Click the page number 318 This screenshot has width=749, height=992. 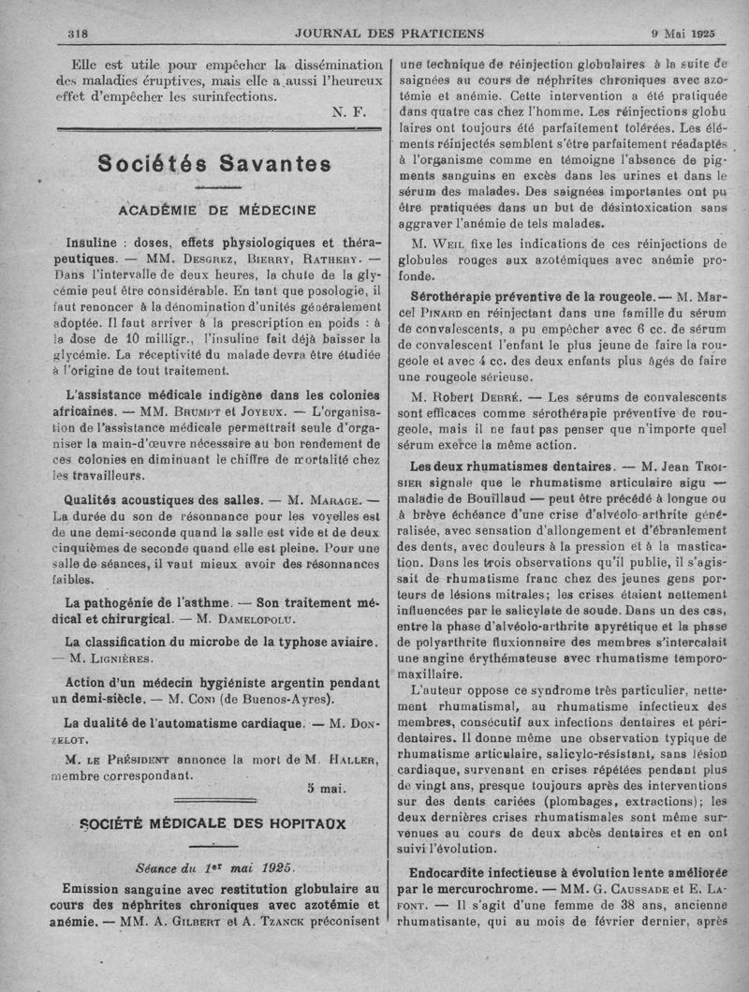point(78,34)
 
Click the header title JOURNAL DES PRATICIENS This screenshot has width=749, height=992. point(389,34)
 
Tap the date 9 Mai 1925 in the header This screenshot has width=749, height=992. point(683,34)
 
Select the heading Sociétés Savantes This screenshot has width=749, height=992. point(215,163)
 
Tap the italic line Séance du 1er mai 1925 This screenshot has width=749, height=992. point(214,867)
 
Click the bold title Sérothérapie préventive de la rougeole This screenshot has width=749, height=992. point(521,295)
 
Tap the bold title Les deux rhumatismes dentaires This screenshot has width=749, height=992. point(510,466)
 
